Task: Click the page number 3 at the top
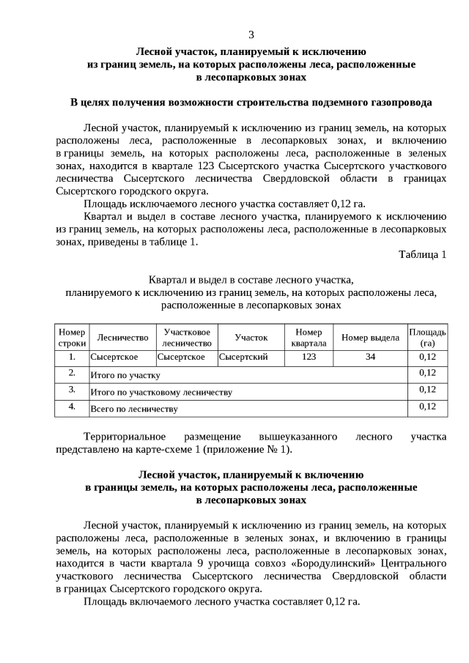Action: pyautogui.click(x=251, y=34)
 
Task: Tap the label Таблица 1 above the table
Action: pyautogui.click(x=422, y=254)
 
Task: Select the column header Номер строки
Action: pyautogui.click(x=72, y=337)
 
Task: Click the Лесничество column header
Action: pyautogui.click(x=122, y=337)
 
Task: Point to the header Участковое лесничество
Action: pyautogui.click(x=187, y=337)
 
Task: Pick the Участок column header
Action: pyautogui.click(x=251, y=337)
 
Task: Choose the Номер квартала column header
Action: pyautogui.click(x=309, y=337)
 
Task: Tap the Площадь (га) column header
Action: pyautogui.click(x=427, y=337)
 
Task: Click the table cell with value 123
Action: pyautogui.click(x=309, y=357)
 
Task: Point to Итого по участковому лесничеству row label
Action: pyautogui.click(x=160, y=392)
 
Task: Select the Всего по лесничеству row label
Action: pyautogui.click(x=133, y=408)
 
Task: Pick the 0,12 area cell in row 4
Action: pyautogui.click(x=427, y=407)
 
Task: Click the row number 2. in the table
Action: pyautogui.click(x=72, y=373)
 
